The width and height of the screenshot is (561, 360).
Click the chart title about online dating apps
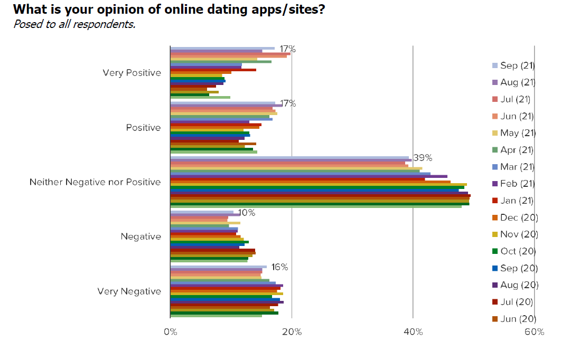point(169,10)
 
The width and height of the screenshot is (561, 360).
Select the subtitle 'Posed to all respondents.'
point(74,24)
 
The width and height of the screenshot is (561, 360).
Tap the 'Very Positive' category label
point(132,73)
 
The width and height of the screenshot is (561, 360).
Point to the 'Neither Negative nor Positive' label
point(95,182)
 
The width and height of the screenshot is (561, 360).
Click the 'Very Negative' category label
point(129,291)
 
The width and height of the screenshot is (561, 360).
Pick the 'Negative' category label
point(141,236)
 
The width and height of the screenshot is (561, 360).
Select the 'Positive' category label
point(143,128)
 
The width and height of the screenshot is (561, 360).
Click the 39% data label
point(423,158)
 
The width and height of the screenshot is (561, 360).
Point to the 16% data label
point(279,267)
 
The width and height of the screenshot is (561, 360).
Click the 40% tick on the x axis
point(413,332)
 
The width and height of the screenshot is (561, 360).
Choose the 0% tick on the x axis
point(170,332)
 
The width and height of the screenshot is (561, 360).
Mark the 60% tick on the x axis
point(534,332)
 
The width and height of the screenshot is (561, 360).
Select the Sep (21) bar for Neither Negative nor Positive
point(289,157)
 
